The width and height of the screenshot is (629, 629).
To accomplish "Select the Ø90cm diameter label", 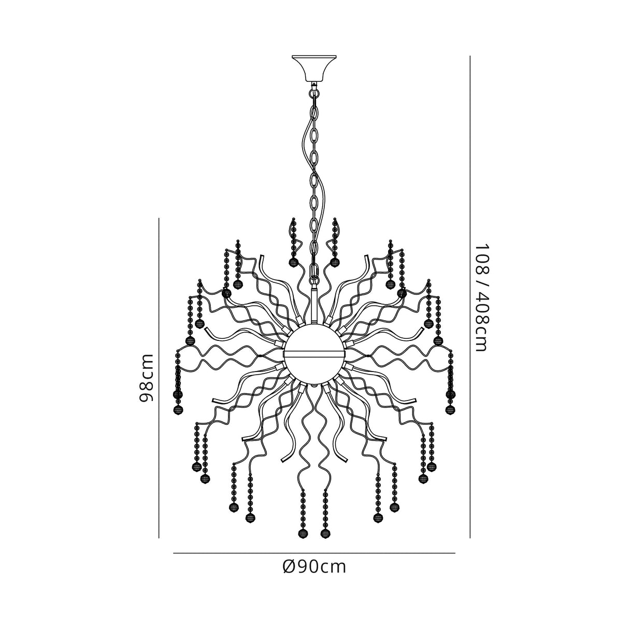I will [x=314, y=567].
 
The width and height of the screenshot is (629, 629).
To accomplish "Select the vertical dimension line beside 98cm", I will [x=159, y=378].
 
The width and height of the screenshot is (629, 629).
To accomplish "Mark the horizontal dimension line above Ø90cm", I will [x=314, y=553].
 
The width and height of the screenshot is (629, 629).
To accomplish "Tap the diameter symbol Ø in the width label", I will [x=290, y=567].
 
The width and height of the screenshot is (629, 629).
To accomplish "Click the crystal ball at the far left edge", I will [x=178, y=410].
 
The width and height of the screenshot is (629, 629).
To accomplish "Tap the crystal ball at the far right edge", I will [x=450, y=410].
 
